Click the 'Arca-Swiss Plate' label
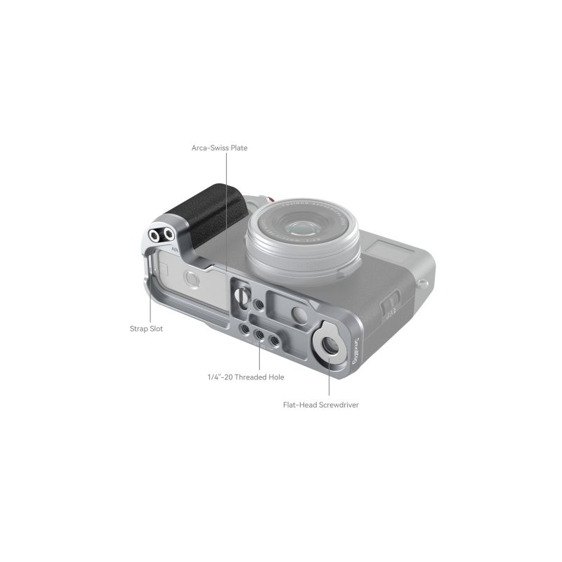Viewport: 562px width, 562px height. click(219, 148)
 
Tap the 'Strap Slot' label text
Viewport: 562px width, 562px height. click(146, 328)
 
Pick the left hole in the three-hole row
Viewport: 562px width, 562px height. click(244, 329)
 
